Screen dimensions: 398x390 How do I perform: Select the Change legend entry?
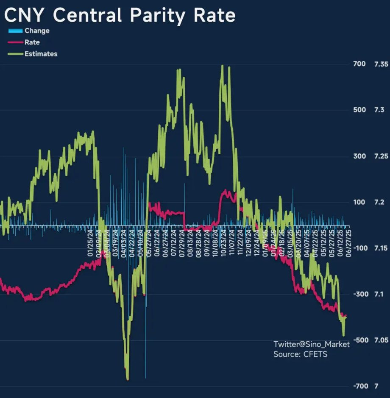coord(36,31)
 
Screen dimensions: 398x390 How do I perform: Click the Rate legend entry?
coord(32,42)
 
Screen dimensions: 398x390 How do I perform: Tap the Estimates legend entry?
coord(41,54)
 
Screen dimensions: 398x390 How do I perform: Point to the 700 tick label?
coord(359,64)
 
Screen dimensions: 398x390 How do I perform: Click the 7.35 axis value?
coord(381,64)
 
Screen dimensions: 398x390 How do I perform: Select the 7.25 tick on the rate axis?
coord(381,156)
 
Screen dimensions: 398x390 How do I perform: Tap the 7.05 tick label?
coord(381,340)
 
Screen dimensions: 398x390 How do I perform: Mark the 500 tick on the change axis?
coord(359,110)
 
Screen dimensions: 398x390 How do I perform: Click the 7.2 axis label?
coord(379,202)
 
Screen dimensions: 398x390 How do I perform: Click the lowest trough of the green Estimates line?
coord(128,379)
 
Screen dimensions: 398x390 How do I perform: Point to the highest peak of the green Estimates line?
coord(222,66)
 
